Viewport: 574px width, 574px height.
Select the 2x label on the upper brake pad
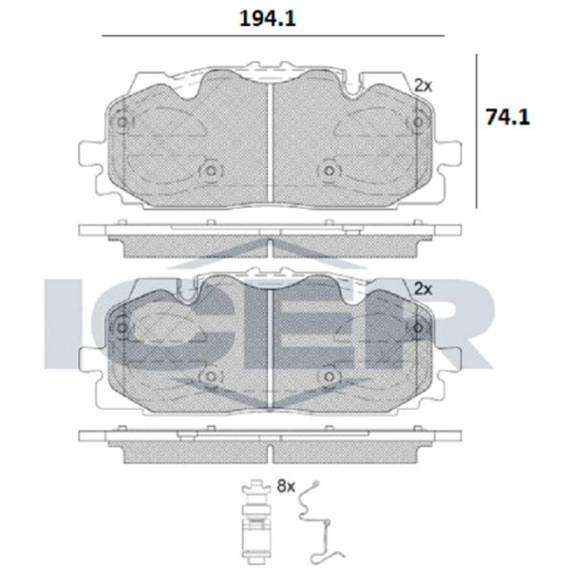pos(423,85)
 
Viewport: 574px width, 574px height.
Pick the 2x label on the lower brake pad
pos(423,287)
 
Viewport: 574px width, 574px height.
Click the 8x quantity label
pos(284,486)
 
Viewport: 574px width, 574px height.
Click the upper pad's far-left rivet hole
pos(121,123)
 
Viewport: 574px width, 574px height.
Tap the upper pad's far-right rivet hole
pos(417,123)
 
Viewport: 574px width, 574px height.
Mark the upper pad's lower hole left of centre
pos(208,172)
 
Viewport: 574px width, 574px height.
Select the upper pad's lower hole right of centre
pos(330,172)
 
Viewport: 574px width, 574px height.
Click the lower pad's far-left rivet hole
pos(121,328)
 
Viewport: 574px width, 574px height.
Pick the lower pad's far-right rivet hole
pos(417,328)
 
